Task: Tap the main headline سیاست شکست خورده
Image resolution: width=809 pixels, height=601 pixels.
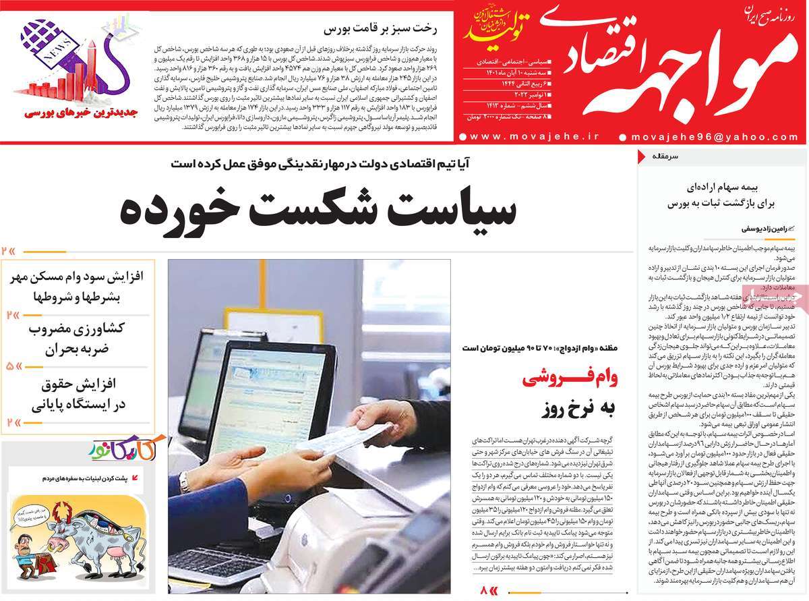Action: [x=318, y=209]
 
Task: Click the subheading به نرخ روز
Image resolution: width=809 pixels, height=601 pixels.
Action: [x=568, y=408]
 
